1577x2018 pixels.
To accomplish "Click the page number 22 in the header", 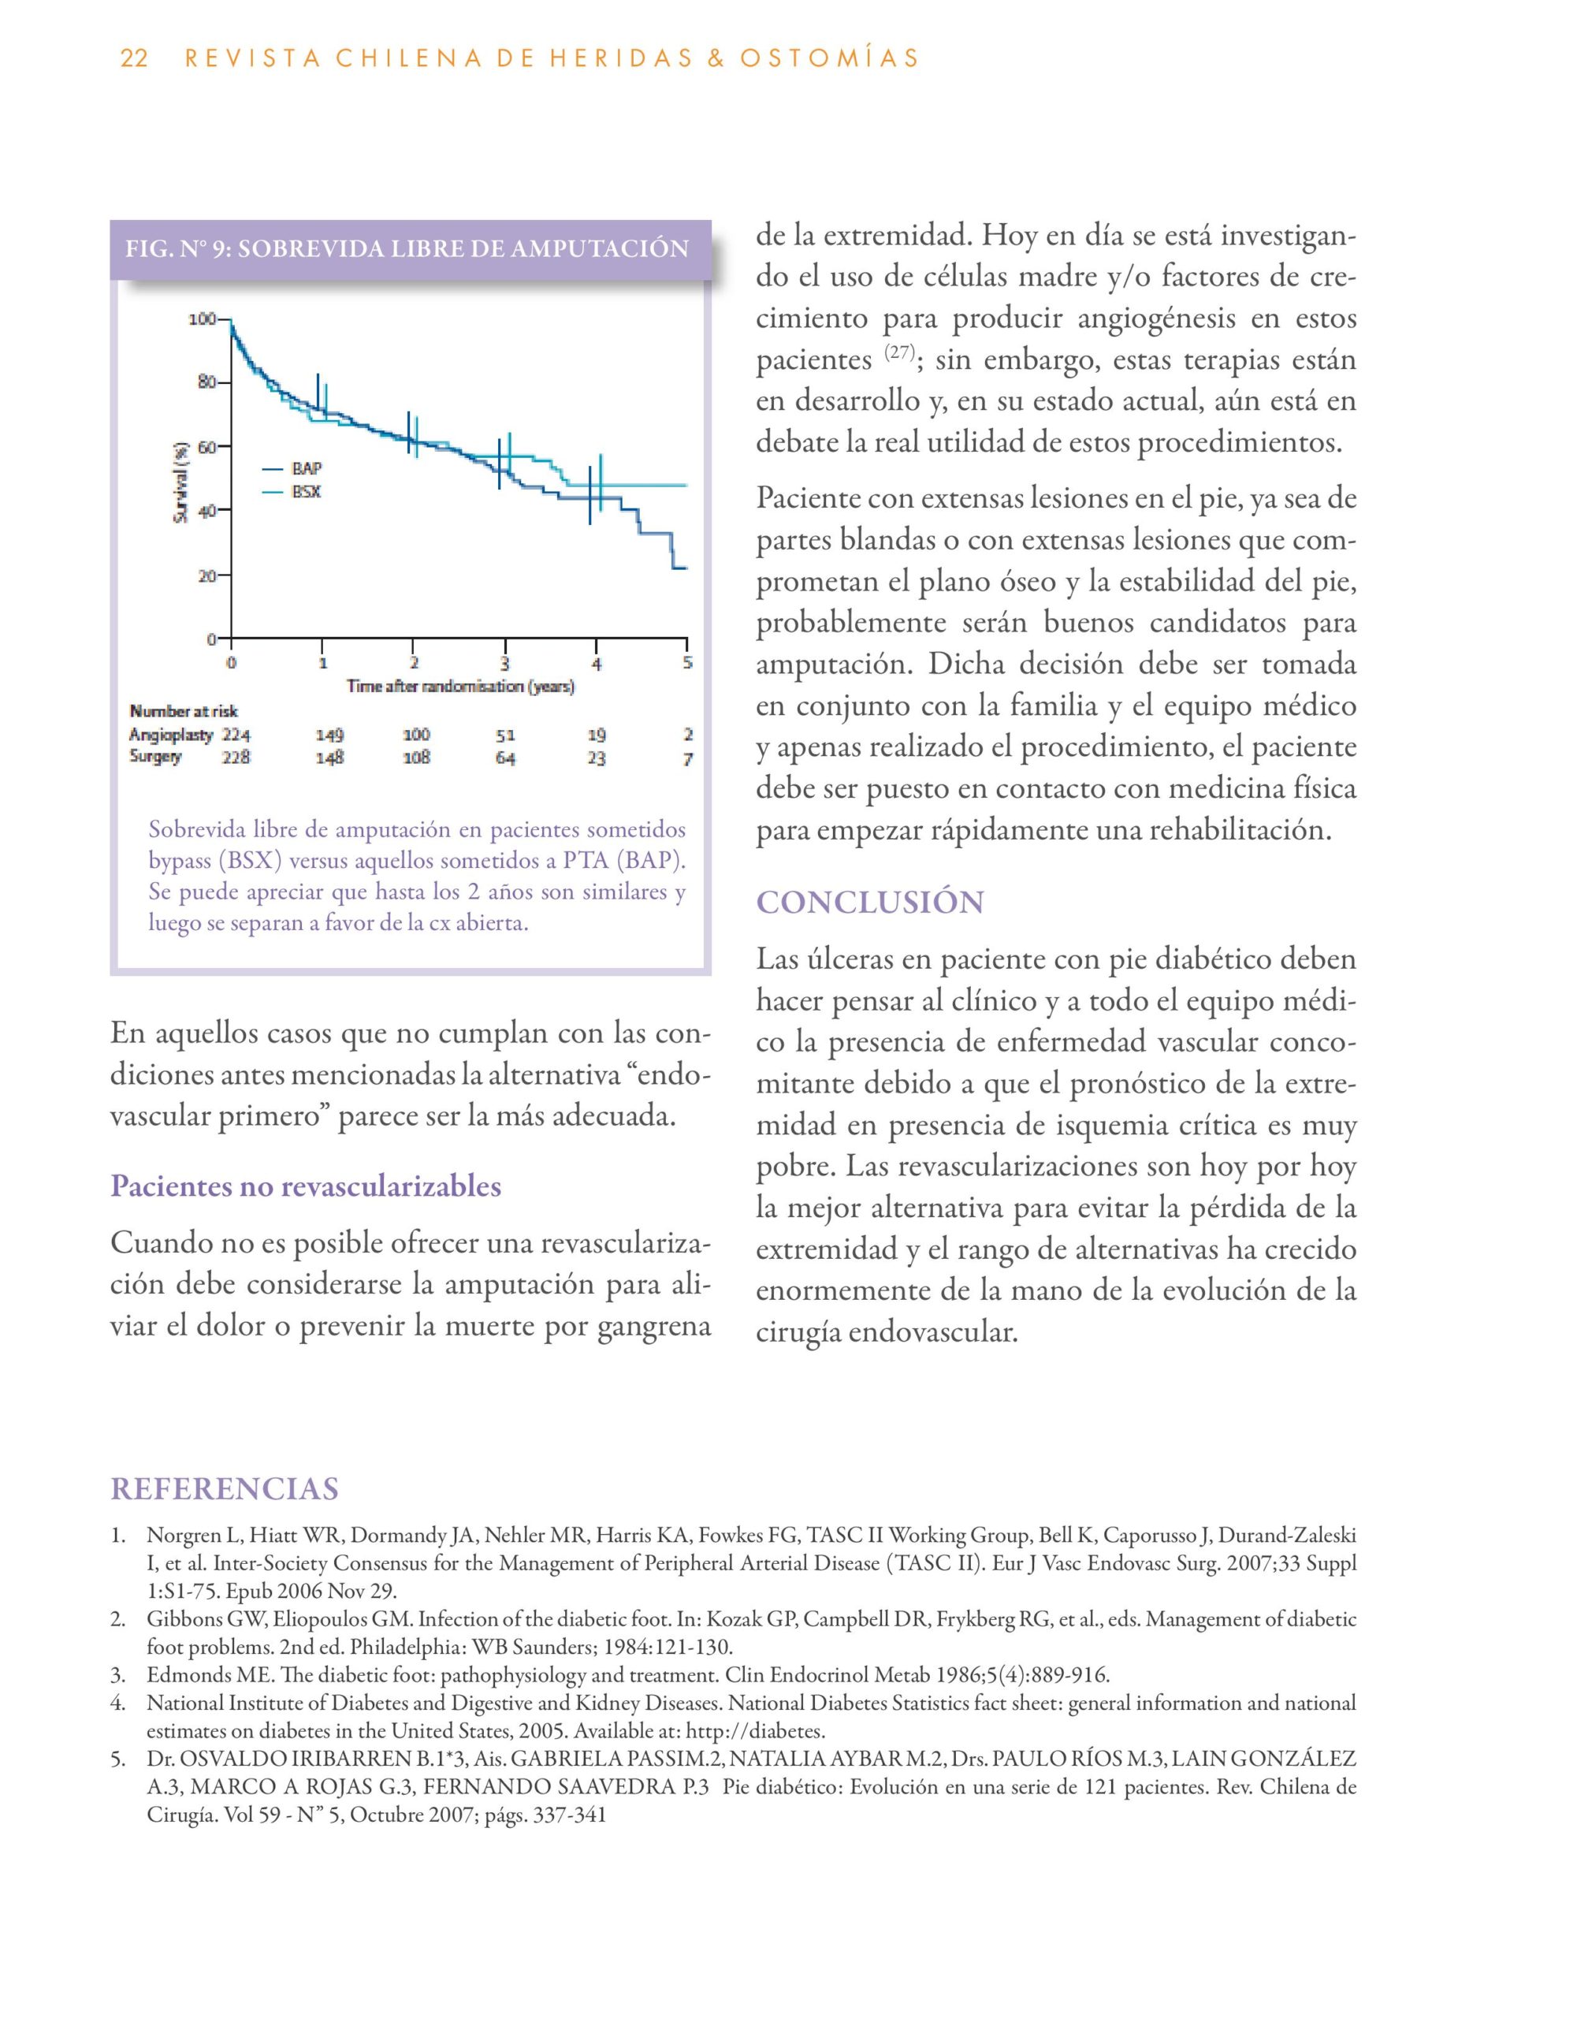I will [134, 58].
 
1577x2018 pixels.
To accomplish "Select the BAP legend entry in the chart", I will [306, 468].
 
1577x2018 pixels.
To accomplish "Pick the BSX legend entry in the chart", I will [306, 492].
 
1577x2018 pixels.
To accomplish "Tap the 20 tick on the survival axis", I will [207, 575].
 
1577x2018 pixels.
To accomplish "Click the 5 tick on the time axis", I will [687, 662].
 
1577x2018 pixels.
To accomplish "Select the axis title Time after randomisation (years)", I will [460, 687].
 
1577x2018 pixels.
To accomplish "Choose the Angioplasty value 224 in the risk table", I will [236, 735].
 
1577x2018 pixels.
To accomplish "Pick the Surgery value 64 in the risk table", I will [504, 758].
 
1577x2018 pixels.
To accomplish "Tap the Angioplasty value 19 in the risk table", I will [596, 735].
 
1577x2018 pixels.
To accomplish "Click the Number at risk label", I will [183, 710].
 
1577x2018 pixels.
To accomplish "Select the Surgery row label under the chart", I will [155, 757].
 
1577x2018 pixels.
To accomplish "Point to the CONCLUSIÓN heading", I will [870, 902].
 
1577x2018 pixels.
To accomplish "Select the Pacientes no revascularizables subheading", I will [306, 1186].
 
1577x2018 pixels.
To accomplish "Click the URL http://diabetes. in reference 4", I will [756, 1729].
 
